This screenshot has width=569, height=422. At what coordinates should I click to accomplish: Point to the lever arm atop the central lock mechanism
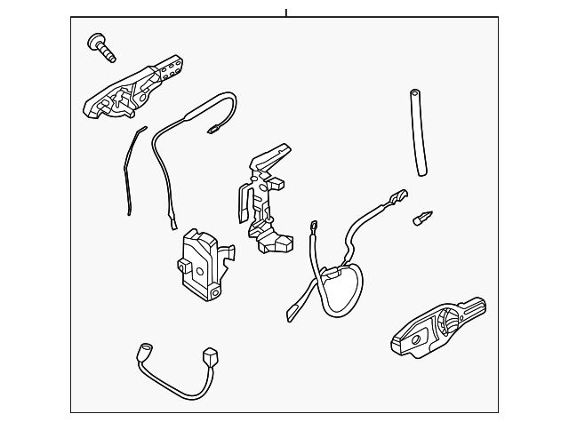tap(271, 156)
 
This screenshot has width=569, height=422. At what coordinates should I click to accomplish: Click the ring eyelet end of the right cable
tap(315, 229)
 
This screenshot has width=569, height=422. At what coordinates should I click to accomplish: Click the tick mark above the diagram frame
tap(286, 12)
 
